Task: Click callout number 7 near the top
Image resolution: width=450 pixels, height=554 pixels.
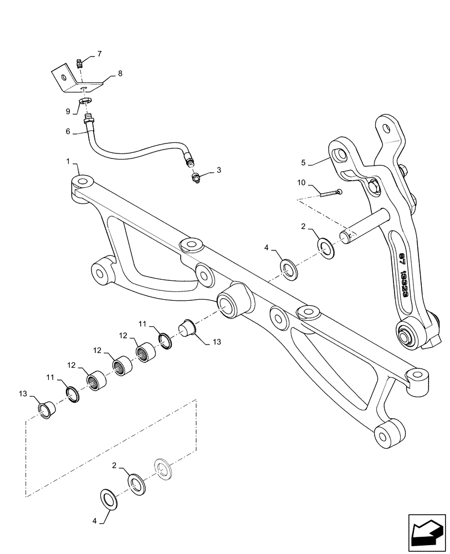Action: (100, 54)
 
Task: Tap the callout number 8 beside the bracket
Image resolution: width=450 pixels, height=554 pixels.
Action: (120, 74)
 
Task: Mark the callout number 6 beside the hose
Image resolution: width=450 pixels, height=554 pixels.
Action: (68, 132)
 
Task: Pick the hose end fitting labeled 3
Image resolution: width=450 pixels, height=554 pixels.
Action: (196, 179)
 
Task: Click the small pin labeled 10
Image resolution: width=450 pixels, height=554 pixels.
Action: (331, 192)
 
